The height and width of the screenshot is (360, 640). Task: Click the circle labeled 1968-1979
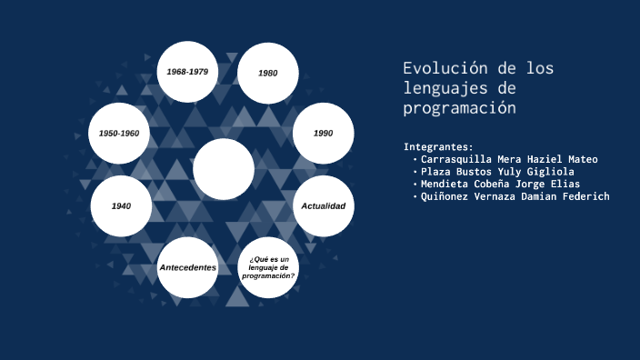(x=187, y=72)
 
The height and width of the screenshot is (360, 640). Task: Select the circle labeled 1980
(x=268, y=73)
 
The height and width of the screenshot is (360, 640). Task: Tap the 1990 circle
(x=323, y=133)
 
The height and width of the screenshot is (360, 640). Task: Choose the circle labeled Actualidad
(x=323, y=206)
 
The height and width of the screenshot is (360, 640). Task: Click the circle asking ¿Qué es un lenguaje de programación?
(x=268, y=267)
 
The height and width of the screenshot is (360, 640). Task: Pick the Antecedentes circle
(x=187, y=267)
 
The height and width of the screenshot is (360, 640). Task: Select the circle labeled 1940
(x=121, y=206)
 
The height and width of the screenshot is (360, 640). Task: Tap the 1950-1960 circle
(x=119, y=133)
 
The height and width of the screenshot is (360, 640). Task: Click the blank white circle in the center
(x=224, y=169)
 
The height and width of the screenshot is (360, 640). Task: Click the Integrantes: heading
(x=438, y=146)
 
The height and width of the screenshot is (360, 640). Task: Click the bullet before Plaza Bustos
(x=415, y=172)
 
